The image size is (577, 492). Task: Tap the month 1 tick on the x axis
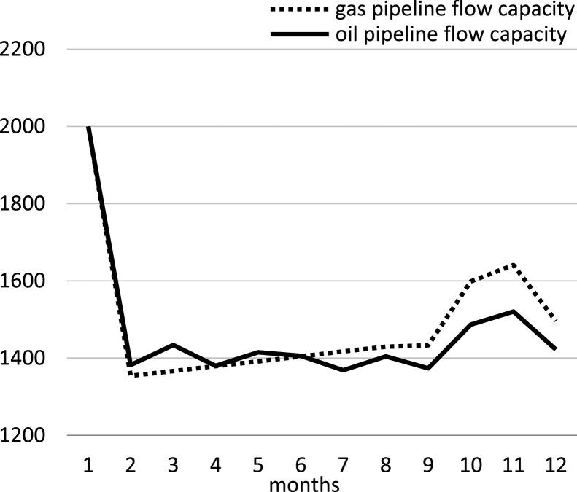88,464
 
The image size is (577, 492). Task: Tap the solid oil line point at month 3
171,345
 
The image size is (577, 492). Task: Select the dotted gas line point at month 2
130,375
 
